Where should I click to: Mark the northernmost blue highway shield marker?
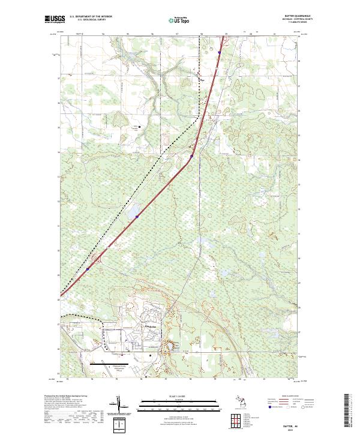pos(219,52)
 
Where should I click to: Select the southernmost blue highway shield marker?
pos(88,269)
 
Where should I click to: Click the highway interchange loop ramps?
pos(96,259)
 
